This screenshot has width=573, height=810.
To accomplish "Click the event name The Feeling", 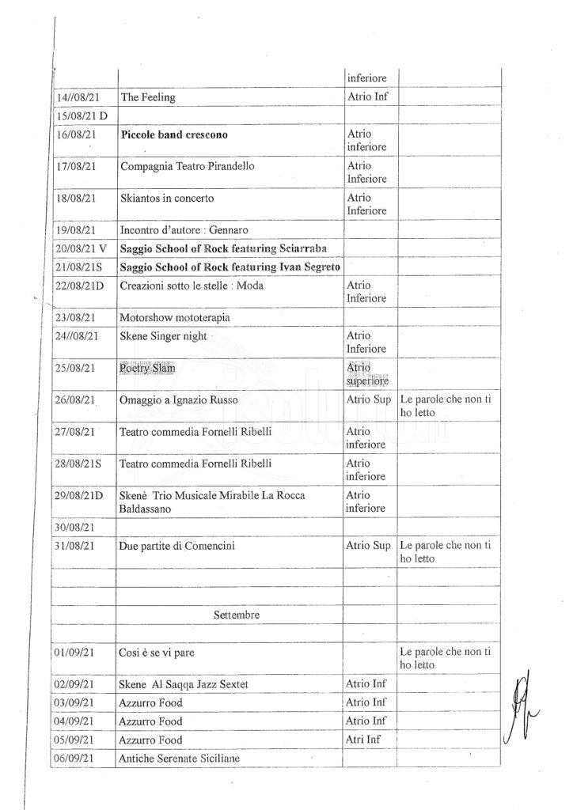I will click(148, 97).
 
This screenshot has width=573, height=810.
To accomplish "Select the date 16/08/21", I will click(76, 134).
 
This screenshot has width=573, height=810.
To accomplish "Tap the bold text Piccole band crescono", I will click(174, 134).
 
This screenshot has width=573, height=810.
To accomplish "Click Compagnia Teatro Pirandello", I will click(188, 167).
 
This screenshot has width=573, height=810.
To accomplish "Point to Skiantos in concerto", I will click(167, 198).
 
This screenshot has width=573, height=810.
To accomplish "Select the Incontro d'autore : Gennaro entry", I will click(179, 229).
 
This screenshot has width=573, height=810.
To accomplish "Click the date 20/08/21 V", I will click(80, 248).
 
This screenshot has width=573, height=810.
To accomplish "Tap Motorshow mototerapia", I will click(172, 317).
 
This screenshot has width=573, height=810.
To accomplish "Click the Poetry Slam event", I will click(147, 369).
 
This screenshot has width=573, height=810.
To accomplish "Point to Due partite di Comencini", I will click(177, 546).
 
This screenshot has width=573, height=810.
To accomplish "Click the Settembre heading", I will click(237, 614).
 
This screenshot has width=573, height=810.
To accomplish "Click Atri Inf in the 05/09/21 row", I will click(366, 740).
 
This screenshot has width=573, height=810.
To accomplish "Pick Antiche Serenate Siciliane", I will click(180, 759).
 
